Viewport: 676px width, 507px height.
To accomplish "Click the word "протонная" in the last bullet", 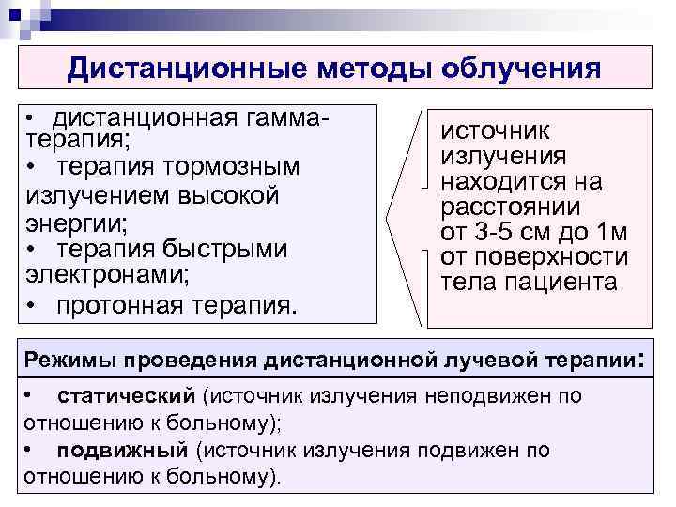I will click(122, 305).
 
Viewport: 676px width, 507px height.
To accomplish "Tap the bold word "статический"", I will click(126, 395).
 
